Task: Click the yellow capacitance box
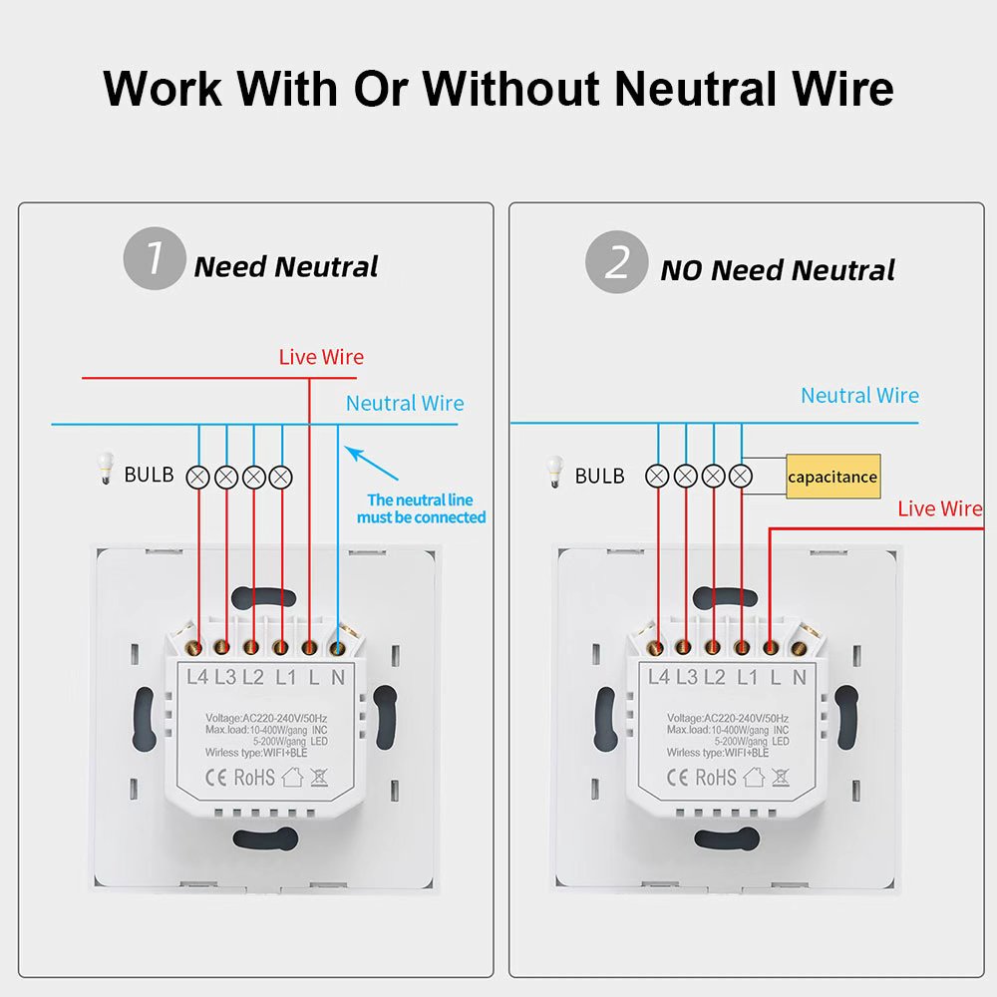[832, 477]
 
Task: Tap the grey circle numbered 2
[615, 262]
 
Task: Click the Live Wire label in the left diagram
[321, 357]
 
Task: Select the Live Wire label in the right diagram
[939, 508]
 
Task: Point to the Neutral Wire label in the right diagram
[859, 396]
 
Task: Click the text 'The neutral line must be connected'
[421, 508]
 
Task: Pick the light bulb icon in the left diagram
[104, 470]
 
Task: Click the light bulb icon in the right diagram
[554, 471]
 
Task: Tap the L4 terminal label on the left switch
[197, 677]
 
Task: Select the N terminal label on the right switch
[799, 677]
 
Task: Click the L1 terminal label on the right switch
[747, 677]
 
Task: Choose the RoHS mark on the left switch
[253, 777]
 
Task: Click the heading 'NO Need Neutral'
[778, 270]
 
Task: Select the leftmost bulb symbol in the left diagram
[198, 476]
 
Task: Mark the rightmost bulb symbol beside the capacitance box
[741, 476]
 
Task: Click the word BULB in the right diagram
[599, 476]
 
